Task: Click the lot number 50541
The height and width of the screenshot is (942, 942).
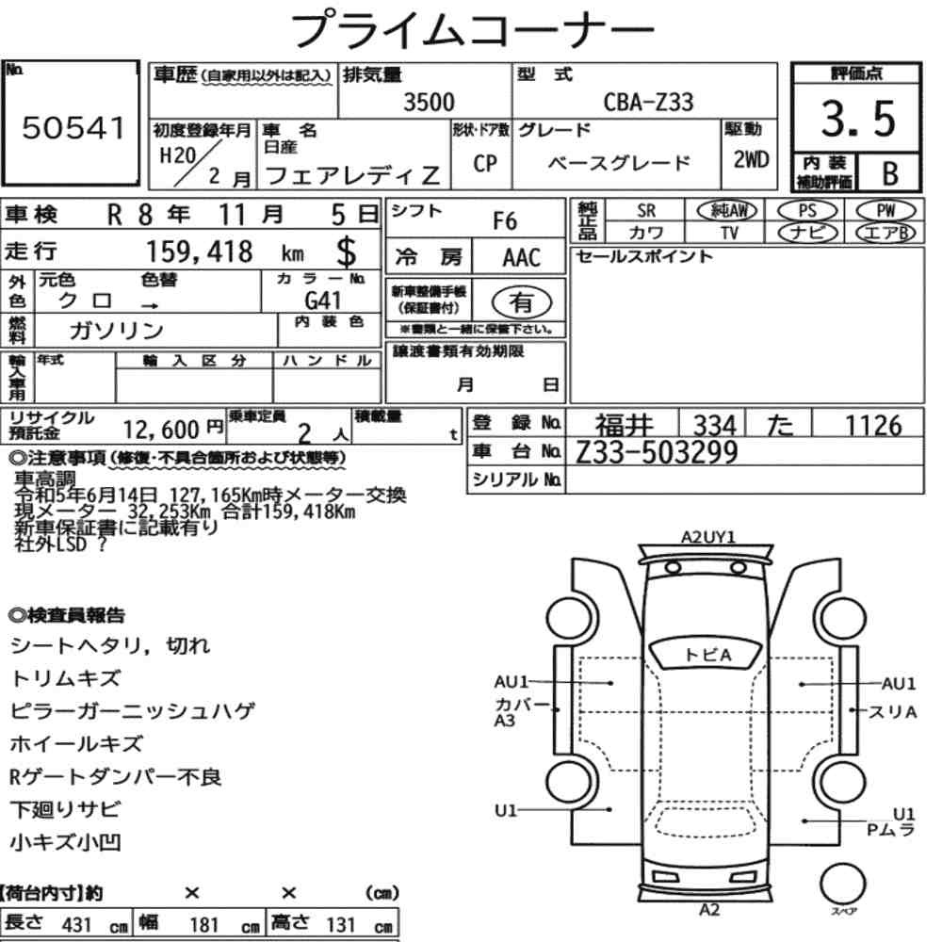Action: point(73,128)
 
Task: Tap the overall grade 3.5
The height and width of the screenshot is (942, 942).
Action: point(858,119)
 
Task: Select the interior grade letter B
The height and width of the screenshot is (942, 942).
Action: point(890,173)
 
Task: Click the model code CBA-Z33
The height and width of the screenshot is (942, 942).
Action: point(648,102)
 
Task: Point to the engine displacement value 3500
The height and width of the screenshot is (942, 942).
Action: point(429,102)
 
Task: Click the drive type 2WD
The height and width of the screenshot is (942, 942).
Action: point(751,160)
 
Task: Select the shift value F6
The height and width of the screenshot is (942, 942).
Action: point(505,221)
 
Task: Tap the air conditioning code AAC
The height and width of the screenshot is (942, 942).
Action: point(522,258)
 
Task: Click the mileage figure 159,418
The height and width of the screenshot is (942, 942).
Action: point(200,252)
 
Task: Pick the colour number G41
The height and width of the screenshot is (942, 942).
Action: point(322,300)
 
